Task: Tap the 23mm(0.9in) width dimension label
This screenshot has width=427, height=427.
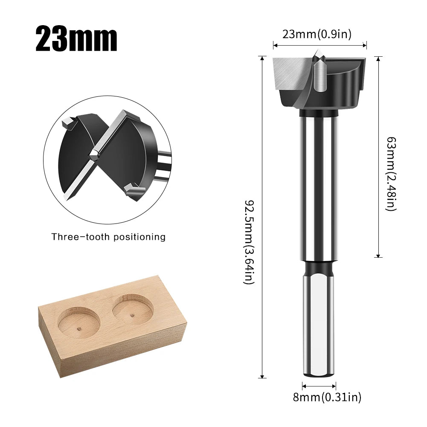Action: [317, 34]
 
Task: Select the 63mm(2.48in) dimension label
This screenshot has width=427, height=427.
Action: [391, 174]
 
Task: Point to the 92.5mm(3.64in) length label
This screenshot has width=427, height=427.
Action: [249, 242]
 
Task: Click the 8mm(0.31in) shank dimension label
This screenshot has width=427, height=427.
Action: [327, 397]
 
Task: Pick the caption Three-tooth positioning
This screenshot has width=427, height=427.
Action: [109, 237]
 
